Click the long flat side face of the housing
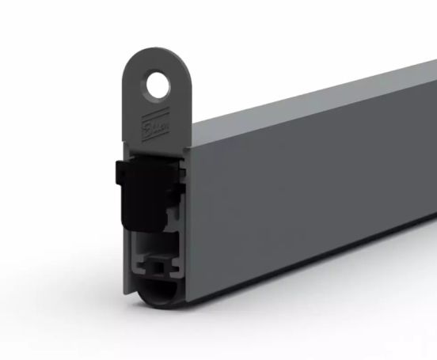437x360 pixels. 317,198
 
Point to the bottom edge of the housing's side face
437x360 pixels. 317,270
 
